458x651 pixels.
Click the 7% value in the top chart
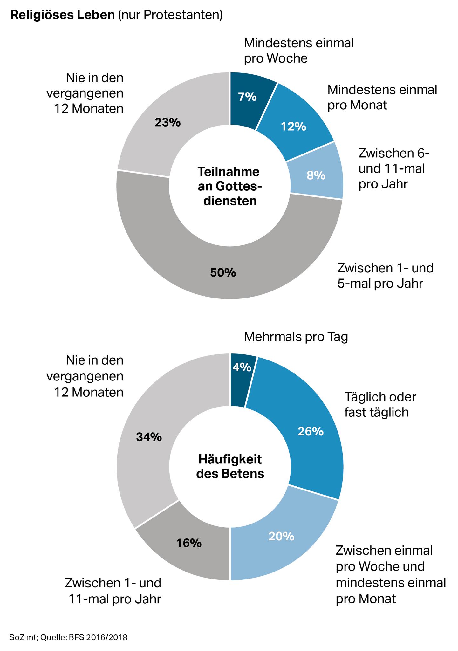[247, 96]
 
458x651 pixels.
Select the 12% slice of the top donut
[293, 127]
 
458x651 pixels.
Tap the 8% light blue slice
[316, 175]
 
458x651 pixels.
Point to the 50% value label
[223, 272]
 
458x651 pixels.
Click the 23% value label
[167, 122]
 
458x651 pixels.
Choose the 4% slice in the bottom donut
[242, 367]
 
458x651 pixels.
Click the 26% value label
[311, 431]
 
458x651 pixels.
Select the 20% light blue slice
[281, 536]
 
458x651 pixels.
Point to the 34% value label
[149, 437]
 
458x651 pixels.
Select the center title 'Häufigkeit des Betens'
[230, 466]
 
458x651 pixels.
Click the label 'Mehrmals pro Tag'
[296, 337]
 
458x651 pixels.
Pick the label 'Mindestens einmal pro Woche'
[299, 51]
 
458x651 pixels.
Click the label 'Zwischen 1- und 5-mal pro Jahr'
[385, 275]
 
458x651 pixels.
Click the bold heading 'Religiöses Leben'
[63, 15]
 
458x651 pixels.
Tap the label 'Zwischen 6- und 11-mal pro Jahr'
[394, 168]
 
